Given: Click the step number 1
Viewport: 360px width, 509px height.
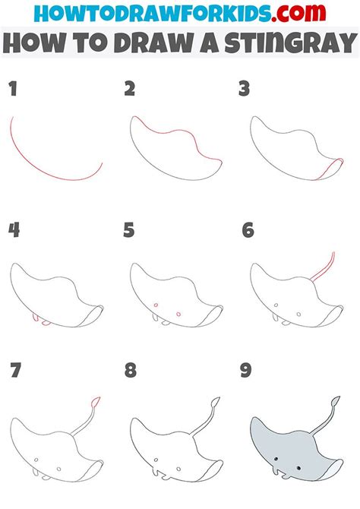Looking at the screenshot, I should click(x=11, y=90).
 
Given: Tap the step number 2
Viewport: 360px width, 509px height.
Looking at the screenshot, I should click(x=130, y=90).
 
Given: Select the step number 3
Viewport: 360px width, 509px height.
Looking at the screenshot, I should click(x=244, y=90).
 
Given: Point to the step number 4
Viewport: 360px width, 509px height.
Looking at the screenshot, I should click(x=13, y=229).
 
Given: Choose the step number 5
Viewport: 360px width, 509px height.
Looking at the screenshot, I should click(x=130, y=229).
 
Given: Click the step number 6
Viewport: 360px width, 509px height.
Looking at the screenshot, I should click(x=247, y=229).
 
